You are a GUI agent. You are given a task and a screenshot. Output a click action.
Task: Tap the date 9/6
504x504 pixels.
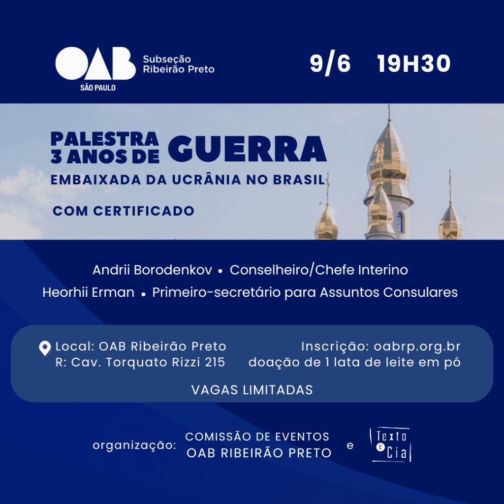coord(330,63)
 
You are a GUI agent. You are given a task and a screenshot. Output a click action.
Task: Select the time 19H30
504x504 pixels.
coord(413,63)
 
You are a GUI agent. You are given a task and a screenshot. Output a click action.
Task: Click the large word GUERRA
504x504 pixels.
coord(247,149)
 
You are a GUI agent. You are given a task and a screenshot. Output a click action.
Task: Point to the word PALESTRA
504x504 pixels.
coord(105,139)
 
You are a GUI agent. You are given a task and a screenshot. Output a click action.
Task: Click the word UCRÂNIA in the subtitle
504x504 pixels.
coord(206,179)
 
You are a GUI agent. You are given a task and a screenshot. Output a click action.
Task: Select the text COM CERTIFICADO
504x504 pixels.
coord(124,211)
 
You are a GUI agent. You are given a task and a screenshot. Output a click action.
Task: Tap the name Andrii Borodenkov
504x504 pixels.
coord(153,270)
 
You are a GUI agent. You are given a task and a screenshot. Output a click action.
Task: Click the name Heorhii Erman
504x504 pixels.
coord(89,292)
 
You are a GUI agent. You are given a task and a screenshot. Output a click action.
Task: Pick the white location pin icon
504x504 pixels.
coord(45,348)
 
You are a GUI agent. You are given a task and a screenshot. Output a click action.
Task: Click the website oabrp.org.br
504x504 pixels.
coord(417,347)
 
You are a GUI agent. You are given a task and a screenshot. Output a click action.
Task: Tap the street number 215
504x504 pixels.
coord(215,362)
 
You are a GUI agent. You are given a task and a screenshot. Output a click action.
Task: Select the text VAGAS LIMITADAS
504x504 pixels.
coord(252,390)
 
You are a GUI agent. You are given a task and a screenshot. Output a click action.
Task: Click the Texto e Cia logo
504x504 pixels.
coord(391,445)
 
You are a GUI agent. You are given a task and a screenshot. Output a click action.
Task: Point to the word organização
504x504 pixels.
coord(134,445)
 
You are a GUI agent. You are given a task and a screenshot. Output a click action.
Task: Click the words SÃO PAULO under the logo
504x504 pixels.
coord(98,88)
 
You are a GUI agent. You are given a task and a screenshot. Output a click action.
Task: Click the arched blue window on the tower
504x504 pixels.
coord(400,222)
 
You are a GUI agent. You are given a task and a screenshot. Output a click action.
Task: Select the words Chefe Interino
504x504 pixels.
coord(361,270)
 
